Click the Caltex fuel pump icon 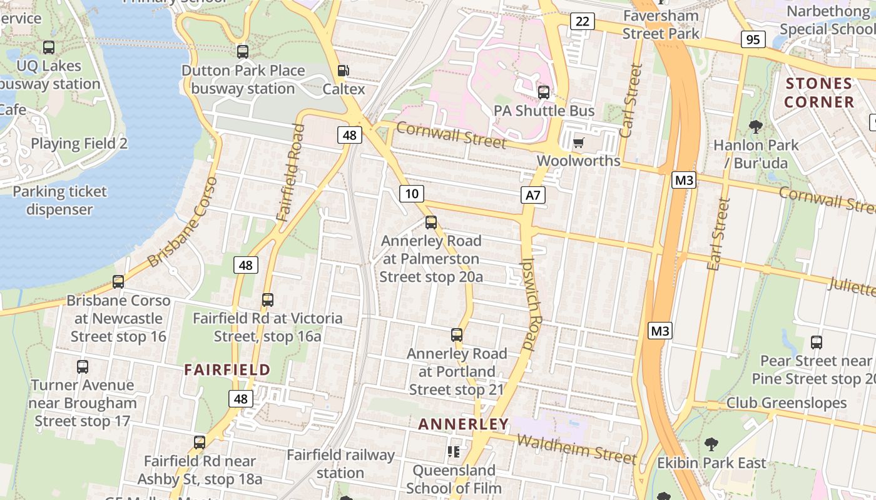coord(343,71)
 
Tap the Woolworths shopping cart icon coord(578,143)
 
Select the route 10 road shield coord(411,194)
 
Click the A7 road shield coord(532,196)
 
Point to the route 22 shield coord(582,22)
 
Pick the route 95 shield coord(753,40)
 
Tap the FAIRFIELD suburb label coord(227,369)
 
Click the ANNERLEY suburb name coord(464,424)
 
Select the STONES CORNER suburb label coord(819,92)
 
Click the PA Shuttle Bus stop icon coord(544,92)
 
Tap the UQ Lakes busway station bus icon coord(49,47)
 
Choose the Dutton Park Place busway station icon coord(243,52)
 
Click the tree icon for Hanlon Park coord(756,127)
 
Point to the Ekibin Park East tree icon coord(711,444)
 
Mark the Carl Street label coord(631,100)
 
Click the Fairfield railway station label coord(340,464)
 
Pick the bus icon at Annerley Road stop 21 coord(457,335)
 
